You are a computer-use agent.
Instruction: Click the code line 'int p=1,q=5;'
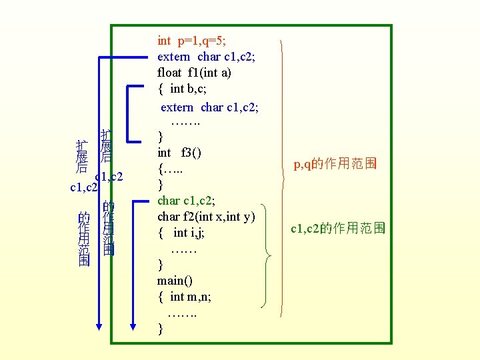(x=195, y=41)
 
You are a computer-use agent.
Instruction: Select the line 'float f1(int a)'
(x=194, y=73)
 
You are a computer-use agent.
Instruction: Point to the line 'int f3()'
(x=179, y=153)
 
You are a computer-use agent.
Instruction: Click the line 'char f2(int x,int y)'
(x=207, y=216)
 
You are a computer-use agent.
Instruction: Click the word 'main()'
(x=175, y=281)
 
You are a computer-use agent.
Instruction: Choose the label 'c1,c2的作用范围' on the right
(x=337, y=229)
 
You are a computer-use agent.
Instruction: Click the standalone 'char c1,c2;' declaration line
(x=186, y=200)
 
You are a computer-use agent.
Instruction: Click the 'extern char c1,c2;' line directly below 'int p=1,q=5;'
(x=206, y=57)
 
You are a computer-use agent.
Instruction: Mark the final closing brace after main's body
(x=161, y=329)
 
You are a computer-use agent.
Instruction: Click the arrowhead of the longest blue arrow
(x=99, y=326)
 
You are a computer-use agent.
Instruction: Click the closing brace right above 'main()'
(x=161, y=265)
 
